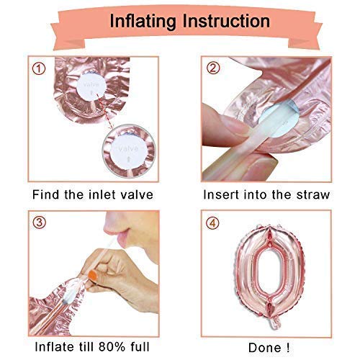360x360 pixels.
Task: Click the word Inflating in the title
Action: point(143,22)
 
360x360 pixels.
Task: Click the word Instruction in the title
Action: point(226,21)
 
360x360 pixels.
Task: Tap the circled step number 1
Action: point(39,69)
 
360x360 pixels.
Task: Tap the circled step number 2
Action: point(213,68)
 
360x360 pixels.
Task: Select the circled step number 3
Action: point(39,222)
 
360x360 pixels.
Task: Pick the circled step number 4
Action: point(212,223)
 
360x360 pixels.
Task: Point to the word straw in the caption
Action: point(313,194)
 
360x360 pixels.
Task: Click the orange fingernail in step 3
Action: point(93,276)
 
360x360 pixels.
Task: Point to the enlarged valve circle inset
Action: point(129,151)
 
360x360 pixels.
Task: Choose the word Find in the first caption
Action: point(45,194)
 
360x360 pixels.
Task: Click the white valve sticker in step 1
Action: point(91,86)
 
